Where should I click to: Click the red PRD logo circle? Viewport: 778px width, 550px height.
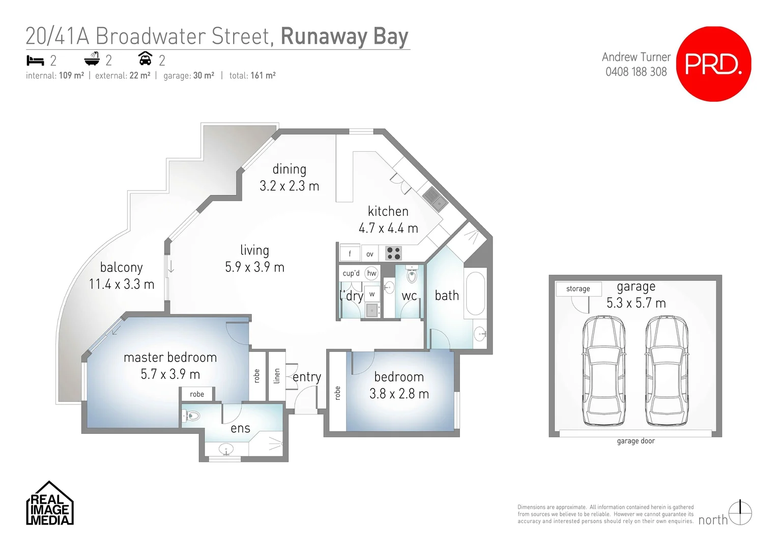pos(713,64)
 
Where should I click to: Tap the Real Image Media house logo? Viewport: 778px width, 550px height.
pos(50,504)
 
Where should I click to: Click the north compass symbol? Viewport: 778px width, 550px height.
pos(740,513)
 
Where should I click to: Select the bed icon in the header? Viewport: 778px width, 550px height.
pos(35,61)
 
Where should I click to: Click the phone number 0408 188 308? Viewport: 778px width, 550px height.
pos(636,72)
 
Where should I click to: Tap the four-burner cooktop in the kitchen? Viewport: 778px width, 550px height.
pos(393,253)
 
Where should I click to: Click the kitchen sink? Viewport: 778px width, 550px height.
pos(435,199)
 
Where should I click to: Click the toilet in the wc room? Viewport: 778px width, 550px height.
pos(412,275)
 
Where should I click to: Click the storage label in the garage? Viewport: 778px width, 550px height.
pos(578,289)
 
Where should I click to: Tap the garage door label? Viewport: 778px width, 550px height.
pos(636,441)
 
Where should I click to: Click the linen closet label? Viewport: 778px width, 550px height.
pos(277,376)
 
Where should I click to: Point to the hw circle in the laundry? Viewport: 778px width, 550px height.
pos(372,273)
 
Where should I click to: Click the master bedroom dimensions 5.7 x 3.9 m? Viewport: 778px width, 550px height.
pos(170,374)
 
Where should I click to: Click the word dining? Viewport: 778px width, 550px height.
pos(289,169)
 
